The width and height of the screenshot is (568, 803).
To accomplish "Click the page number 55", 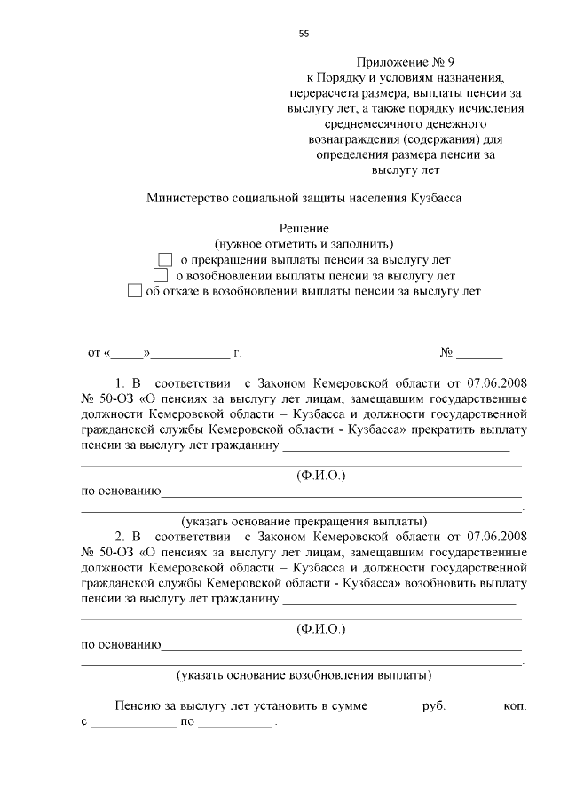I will pos(304,34).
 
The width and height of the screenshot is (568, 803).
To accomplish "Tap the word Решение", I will pos(304,229).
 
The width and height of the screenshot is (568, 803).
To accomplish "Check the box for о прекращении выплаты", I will pos(164,260).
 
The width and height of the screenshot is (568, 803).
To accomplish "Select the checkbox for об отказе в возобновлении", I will pos(134,290).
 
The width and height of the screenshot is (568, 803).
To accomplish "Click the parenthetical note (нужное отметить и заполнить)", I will pos(304,244).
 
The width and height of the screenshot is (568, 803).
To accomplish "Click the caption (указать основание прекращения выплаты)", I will pos(304,520).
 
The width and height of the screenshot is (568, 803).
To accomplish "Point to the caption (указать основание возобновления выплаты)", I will pos(304,674).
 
